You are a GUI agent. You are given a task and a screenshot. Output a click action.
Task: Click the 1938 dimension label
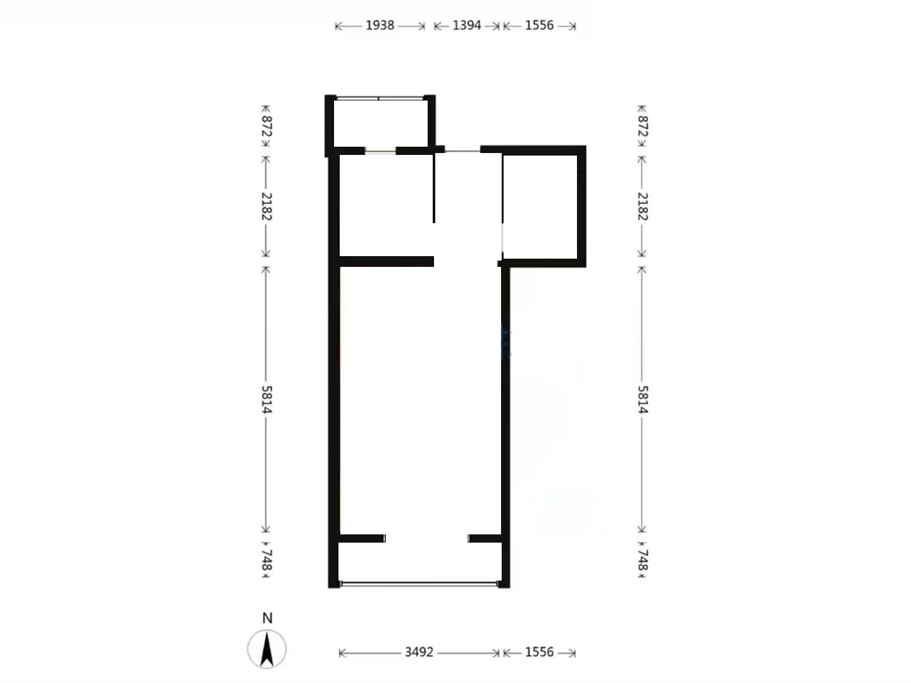point(380,26)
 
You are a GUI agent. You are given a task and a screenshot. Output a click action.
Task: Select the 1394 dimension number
point(466,26)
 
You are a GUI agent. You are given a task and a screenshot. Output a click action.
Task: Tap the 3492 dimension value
point(419,653)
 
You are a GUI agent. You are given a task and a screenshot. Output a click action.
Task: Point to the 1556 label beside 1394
point(539,26)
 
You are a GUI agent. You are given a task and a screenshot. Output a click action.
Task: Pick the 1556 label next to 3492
point(539,653)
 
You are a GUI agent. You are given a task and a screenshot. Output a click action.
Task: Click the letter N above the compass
point(267,618)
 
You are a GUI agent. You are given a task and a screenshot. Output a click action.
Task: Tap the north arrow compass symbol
point(266,649)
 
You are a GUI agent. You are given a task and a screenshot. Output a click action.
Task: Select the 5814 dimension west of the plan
point(266,399)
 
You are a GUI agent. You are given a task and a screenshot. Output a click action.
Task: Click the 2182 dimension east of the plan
point(643,207)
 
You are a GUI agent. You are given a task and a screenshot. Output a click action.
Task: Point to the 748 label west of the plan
point(266,560)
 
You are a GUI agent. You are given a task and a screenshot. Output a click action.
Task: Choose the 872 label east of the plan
point(643,126)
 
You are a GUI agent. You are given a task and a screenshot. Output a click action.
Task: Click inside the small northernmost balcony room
point(381,123)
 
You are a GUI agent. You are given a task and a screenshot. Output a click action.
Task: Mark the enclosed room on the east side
point(540,207)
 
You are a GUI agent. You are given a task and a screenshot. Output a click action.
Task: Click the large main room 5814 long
point(421,400)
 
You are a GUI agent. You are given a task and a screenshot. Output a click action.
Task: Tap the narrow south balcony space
point(420,562)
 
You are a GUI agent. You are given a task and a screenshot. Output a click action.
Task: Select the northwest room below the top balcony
point(387,206)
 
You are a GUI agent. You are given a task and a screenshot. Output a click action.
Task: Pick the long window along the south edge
point(419,584)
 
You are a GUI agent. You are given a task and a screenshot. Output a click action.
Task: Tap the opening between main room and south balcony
point(426,538)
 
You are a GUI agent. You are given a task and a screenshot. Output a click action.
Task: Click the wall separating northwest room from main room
point(387,262)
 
